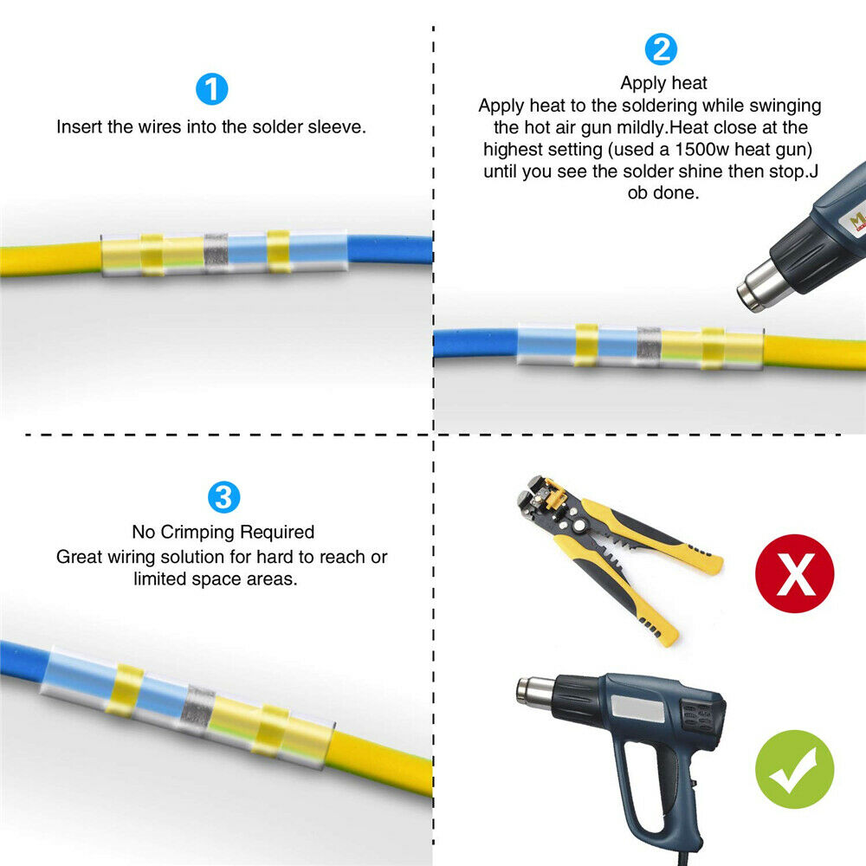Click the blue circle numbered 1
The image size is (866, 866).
[x=212, y=89]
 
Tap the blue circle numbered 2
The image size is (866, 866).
[x=661, y=49]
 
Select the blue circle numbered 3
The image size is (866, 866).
[x=223, y=497]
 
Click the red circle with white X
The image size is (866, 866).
[x=795, y=573]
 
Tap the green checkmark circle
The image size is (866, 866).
[x=795, y=769]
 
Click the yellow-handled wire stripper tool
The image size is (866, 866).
[x=618, y=558]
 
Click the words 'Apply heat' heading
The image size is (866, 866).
[x=663, y=83]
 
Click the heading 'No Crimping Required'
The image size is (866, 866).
[x=223, y=532]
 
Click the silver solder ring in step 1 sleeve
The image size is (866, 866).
[x=216, y=253]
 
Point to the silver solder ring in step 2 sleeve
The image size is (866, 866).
[x=649, y=347]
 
